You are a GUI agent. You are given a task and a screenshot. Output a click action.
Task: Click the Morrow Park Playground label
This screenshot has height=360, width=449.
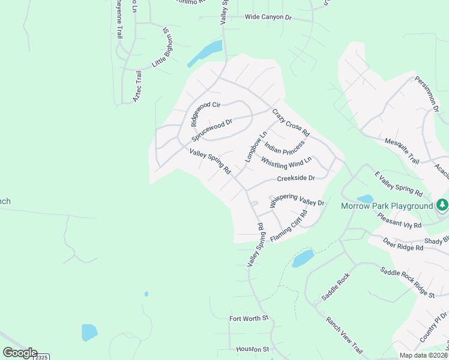[x=387, y=206]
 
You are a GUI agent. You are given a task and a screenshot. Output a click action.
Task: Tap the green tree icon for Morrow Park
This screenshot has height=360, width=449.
[x=442, y=205]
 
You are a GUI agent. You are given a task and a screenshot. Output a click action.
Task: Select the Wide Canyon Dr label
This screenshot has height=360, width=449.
[x=268, y=17]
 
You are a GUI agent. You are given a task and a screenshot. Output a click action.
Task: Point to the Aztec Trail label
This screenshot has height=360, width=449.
[x=137, y=86]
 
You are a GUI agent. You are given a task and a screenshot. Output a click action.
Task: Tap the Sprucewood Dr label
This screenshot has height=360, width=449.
[x=212, y=128]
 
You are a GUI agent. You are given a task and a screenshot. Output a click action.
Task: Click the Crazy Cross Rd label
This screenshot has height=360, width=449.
[x=291, y=122]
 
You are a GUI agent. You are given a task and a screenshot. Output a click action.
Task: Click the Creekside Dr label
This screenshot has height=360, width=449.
[x=296, y=178]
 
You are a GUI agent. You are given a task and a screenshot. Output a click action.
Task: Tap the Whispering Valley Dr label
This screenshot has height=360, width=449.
[x=297, y=201]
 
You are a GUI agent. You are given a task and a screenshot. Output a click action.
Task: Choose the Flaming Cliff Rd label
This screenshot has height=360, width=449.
[x=289, y=226]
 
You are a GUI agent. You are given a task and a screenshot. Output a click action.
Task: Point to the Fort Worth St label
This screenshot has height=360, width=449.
[x=249, y=318]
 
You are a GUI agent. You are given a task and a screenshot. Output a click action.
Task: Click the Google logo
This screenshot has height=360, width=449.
[x=19, y=353]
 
